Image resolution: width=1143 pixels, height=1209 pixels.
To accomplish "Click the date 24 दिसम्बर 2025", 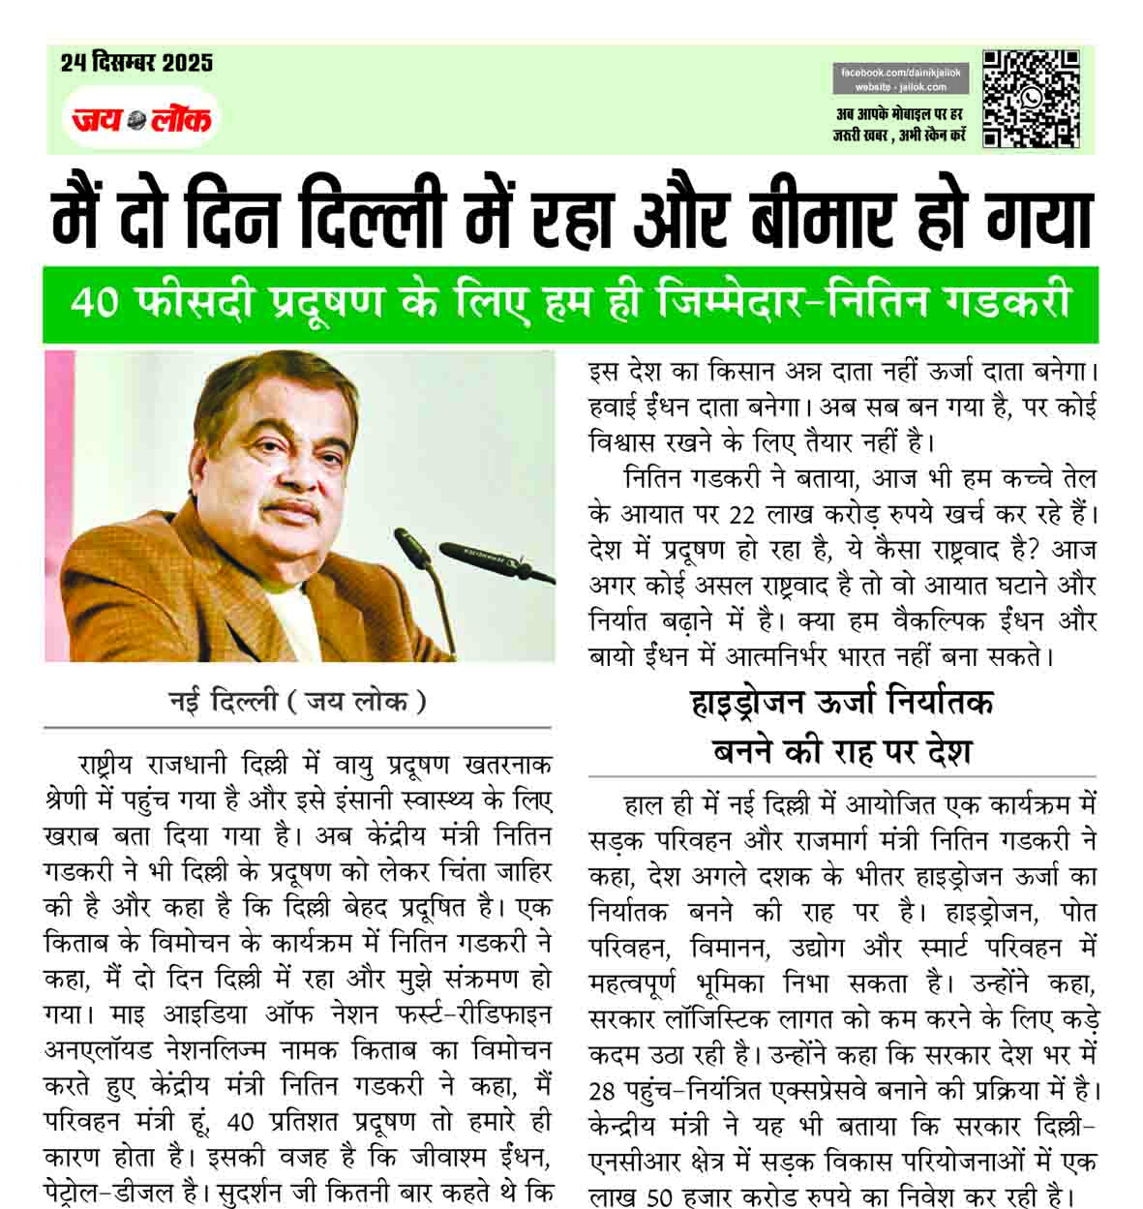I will coord(136,64).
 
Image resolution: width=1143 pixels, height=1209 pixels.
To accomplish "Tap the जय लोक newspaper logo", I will coord(141,119).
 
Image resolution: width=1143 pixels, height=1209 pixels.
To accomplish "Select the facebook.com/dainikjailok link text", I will coord(900,74).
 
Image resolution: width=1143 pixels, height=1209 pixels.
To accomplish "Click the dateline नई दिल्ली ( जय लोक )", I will coord(297,702).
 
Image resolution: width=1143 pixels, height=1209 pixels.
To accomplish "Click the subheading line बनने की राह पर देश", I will coord(841,750).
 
